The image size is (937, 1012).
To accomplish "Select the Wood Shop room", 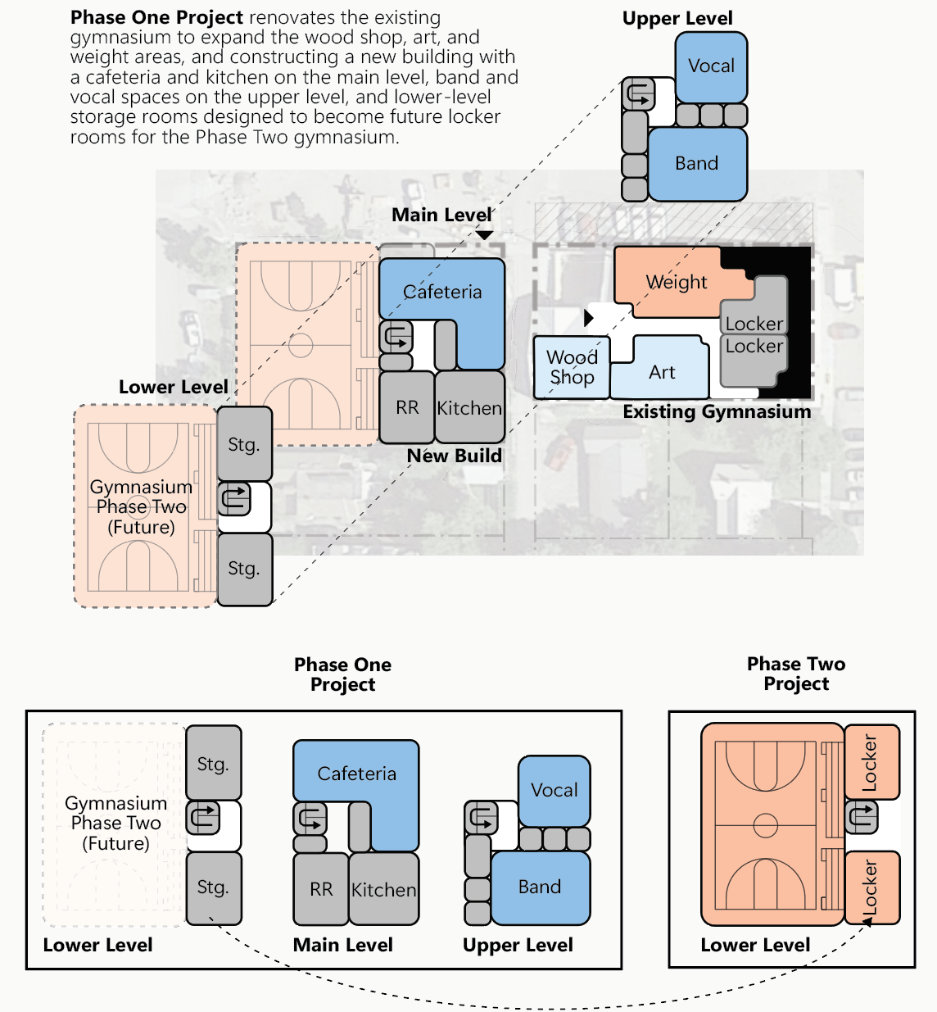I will point(572,368).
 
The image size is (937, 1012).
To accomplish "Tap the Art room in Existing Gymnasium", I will point(662,373).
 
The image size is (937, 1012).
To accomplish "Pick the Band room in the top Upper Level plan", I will point(697,164).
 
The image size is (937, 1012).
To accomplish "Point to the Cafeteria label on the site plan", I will point(442,293).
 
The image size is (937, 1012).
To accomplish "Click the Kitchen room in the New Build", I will point(469,407).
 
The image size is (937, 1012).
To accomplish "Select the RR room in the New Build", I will point(407,407).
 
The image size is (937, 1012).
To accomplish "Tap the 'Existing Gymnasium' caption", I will point(717,411).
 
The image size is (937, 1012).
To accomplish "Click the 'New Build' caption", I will point(455,456).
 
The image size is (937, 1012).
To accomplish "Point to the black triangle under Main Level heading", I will point(485,236).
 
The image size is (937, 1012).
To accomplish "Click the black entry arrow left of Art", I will point(588,317).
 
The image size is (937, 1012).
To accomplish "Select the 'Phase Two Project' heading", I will point(796,674).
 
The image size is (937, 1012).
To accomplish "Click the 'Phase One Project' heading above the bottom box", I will point(342,674).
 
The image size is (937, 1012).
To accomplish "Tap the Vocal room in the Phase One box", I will point(555,790).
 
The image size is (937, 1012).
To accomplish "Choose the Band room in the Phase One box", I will point(540,887).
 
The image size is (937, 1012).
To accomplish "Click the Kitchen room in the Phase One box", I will point(383,890).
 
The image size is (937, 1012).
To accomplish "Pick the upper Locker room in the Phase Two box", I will point(871,762).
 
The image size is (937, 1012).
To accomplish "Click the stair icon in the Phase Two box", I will point(861,817).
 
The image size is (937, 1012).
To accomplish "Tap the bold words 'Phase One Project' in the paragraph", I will point(157,17).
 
